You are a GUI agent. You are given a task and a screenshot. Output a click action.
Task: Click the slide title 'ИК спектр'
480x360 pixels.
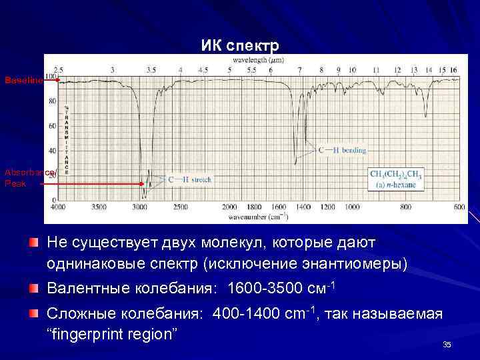[x=240, y=46]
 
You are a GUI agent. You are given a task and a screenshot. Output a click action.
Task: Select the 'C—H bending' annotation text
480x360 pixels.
[x=343, y=151]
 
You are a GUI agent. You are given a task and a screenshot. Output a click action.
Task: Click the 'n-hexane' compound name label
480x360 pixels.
[x=400, y=185]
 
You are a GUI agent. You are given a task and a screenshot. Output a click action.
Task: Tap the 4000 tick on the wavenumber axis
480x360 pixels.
[x=59, y=207]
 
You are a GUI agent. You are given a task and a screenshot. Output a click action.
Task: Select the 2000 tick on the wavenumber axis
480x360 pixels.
[x=230, y=207]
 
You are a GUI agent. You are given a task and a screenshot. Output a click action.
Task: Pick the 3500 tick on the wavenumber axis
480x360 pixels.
[x=99, y=207]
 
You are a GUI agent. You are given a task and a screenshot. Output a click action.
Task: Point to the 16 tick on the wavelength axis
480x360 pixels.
[x=453, y=69]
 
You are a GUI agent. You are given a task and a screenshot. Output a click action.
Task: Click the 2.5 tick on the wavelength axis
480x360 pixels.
[x=59, y=69]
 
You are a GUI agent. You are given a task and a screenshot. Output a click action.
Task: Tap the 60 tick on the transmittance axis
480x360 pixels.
[x=51, y=126]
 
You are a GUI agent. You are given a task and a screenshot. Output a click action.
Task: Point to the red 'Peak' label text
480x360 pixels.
[x=15, y=183]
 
